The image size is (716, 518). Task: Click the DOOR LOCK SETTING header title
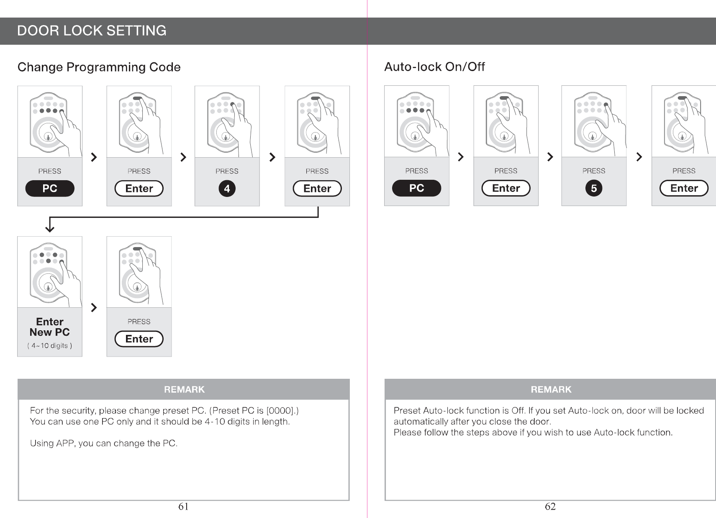92,31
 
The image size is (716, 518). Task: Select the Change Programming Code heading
99,67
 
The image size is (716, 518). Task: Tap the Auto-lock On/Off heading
434,67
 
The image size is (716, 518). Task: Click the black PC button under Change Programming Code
50,189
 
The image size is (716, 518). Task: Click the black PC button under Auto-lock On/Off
416,188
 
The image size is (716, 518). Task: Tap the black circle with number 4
227,189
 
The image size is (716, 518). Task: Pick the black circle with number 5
593,188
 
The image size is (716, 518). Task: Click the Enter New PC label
49,327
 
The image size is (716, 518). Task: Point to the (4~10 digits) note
49,346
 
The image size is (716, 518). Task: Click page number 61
183,506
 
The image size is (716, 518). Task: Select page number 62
550,506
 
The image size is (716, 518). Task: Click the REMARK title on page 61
184,390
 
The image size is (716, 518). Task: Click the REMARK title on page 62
551,390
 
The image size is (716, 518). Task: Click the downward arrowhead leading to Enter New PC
50,228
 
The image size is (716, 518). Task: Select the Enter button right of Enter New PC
139,339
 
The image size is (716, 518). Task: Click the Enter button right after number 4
317,189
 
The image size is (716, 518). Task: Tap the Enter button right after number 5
684,188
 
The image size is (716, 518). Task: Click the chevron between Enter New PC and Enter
94,308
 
